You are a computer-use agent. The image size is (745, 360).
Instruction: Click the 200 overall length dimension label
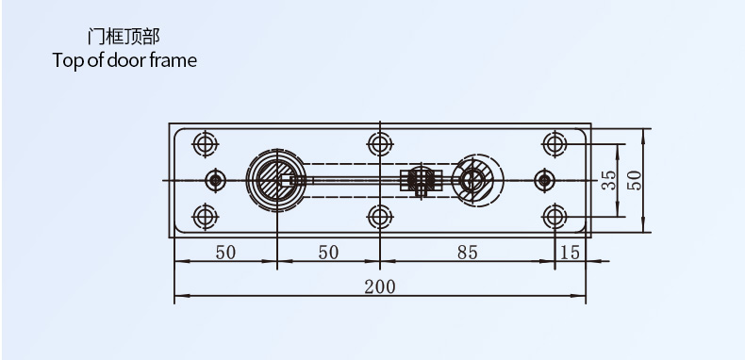click(380, 286)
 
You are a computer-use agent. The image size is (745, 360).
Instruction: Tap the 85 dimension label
click(468, 253)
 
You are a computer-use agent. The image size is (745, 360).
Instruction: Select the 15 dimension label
click(571, 253)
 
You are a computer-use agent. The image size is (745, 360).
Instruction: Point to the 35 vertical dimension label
click(608, 181)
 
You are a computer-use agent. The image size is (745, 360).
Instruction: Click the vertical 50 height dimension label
click(635, 181)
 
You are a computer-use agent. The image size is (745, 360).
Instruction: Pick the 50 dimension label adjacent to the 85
click(328, 253)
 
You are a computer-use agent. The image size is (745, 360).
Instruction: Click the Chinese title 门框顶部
click(124, 37)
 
